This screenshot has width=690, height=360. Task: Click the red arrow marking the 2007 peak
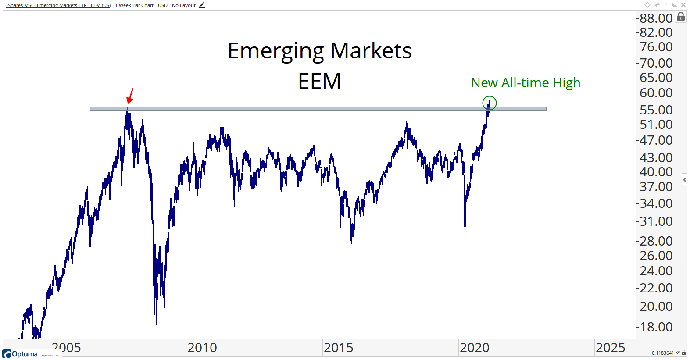[130, 96]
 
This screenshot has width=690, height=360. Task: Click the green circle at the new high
[489, 103]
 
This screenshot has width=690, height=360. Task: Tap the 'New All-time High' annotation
[526, 83]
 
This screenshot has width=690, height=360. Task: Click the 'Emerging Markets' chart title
[320, 51]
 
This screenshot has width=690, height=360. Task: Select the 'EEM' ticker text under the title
[319, 82]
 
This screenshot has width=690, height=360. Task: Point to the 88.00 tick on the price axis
[656, 18]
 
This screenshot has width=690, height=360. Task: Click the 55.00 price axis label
[656, 110]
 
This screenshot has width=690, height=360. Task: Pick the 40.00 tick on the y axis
[656, 172]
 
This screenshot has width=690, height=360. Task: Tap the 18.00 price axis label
[656, 327]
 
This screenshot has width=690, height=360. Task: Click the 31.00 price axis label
[656, 221]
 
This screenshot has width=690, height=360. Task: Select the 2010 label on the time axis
[202, 348]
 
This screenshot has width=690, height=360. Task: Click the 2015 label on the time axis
[338, 348]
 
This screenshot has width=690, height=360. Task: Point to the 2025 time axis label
[610, 348]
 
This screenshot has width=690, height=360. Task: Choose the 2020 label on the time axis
[474, 348]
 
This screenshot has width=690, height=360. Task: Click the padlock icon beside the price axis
[681, 17]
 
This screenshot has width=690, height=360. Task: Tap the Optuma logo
[20, 354]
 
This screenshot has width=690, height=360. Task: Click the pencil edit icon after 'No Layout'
[202, 5]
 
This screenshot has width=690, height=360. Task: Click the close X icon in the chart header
[683, 5]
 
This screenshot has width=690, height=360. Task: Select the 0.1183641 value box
[662, 353]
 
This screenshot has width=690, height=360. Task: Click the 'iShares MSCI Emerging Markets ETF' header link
[58, 5]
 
